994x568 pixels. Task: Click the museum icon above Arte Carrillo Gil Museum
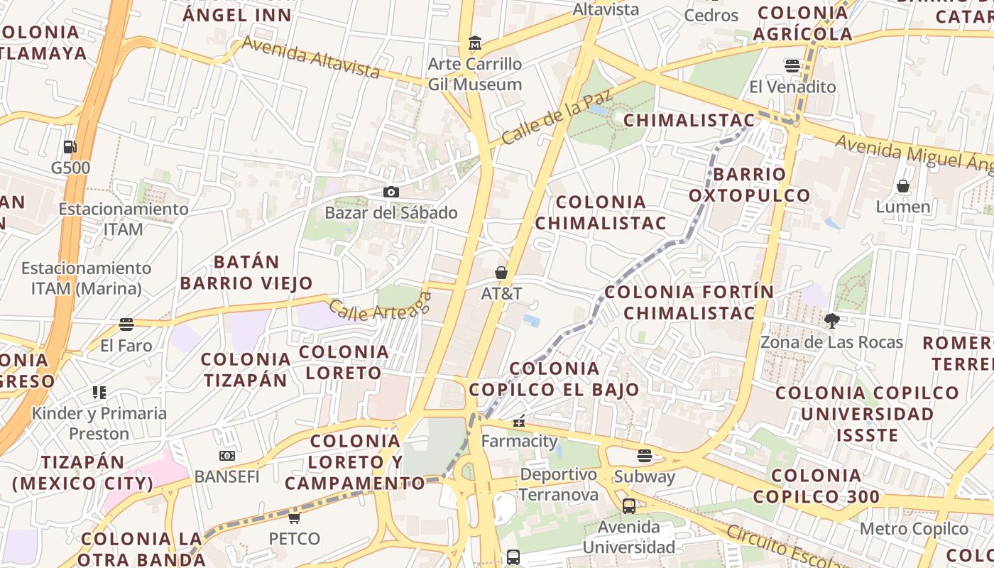[x=474, y=44]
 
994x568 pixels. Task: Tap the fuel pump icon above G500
[x=70, y=147]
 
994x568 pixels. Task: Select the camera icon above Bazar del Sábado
[x=390, y=192]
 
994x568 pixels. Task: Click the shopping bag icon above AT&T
[x=501, y=273]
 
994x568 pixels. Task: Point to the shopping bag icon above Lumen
[x=903, y=186]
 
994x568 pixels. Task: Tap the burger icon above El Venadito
[x=792, y=66]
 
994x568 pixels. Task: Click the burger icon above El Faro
[x=126, y=324]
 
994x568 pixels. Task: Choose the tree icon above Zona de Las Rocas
[x=831, y=321]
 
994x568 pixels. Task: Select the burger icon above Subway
[x=645, y=455]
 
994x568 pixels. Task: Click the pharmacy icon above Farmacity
[x=519, y=421]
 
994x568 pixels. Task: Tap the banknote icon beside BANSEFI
[x=226, y=456]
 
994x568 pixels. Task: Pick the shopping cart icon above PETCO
[x=294, y=518]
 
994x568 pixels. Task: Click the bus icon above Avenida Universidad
[x=628, y=506]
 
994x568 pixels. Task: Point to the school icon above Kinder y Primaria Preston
[x=99, y=393]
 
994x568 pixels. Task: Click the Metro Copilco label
[x=914, y=529]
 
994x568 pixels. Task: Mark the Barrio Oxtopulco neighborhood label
[x=749, y=185]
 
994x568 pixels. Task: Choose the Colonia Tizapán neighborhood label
[x=246, y=369]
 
